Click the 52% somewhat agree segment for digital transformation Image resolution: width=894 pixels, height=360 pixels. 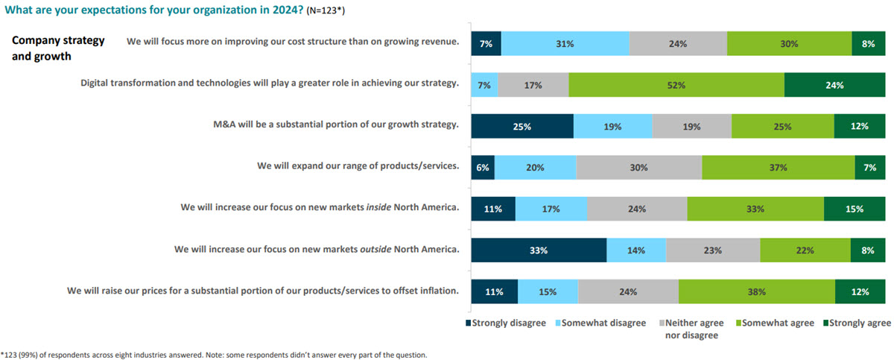676,85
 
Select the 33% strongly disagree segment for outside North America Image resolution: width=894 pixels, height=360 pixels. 539,250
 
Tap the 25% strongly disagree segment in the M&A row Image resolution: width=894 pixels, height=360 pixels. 521,127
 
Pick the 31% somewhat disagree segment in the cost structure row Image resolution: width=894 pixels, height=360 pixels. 565,44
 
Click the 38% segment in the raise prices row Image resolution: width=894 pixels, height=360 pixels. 756,292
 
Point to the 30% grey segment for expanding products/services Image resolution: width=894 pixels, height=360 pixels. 638,168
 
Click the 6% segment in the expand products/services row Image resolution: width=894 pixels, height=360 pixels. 482,168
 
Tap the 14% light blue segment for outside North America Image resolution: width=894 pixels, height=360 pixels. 635,250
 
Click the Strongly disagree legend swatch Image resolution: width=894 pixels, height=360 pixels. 469,323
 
